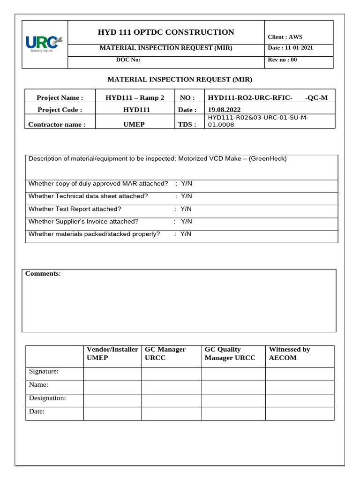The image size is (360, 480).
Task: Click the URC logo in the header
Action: point(45,43)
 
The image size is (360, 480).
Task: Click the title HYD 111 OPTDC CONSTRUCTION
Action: point(166,32)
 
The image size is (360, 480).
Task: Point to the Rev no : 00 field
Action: point(282,60)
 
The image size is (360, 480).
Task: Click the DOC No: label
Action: point(128,60)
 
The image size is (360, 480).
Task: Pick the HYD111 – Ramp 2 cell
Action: point(135,97)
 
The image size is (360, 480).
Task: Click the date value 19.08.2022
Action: point(224,110)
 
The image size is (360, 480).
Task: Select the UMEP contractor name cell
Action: point(135,125)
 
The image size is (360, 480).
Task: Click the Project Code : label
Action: point(60,110)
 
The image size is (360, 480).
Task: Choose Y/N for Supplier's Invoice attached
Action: point(186,221)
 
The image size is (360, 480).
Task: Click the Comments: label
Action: point(43,274)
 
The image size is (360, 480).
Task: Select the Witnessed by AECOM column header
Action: point(289,353)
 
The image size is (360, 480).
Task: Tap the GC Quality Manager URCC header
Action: point(230,353)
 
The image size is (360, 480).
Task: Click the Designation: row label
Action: point(47,398)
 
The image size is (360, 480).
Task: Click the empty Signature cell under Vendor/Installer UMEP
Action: point(112,374)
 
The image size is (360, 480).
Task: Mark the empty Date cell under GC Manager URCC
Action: point(171,413)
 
